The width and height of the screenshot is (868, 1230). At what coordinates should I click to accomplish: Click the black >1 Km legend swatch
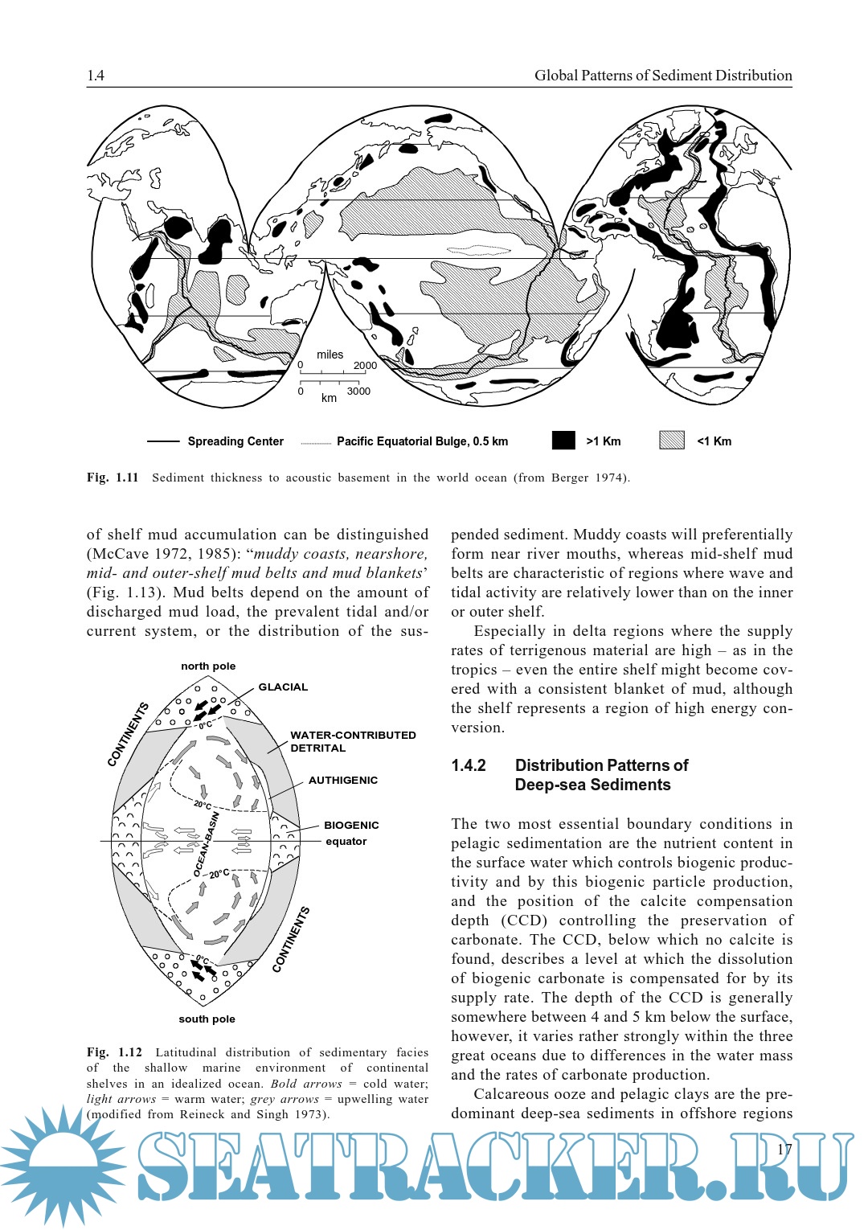pos(563,441)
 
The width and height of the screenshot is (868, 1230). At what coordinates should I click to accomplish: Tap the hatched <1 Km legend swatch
pos(671,441)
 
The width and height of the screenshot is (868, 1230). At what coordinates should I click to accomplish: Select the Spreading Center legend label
pos(235,441)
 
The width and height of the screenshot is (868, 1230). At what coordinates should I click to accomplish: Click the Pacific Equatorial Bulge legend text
pos(422,441)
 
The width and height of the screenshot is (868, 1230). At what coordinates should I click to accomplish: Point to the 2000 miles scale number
pos(365,366)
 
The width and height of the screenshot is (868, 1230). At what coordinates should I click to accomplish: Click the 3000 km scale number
pos(358,392)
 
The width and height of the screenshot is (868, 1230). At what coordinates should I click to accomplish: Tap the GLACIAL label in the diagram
pos(283,687)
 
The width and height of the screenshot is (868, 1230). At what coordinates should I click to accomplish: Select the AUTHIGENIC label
pos(343,781)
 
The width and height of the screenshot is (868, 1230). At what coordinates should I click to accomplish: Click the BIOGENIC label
pos(351,826)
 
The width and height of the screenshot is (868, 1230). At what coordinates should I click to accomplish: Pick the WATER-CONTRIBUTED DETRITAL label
pos(352,741)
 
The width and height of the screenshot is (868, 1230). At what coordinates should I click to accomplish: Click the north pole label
pos(208,666)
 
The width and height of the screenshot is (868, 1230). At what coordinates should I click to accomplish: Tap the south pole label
pos(207,1019)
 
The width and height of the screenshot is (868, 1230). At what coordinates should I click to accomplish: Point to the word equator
pos(346,842)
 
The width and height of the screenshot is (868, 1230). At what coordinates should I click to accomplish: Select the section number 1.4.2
pos(469,765)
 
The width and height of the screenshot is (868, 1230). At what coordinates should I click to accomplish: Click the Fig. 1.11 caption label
pos(113,478)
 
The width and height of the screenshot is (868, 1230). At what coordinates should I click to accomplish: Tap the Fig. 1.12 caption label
pos(114,1052)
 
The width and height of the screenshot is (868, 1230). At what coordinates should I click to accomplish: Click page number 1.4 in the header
pos(96,76)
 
